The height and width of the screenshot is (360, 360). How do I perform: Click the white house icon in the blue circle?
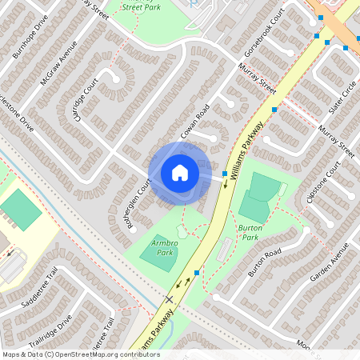(179, 173)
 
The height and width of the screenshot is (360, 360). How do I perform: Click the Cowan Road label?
(194, 121)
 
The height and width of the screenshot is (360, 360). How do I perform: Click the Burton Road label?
(265, 262)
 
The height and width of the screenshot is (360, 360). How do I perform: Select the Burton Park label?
(249, 233)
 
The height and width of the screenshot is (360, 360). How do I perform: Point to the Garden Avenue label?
(330, 264)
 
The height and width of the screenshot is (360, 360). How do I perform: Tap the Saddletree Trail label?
(42, 294)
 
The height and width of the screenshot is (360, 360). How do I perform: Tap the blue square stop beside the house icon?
(224, 174)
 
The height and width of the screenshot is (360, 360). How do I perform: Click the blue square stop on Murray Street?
(274, 109)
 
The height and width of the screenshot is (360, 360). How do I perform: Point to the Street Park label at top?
(142, 6)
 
